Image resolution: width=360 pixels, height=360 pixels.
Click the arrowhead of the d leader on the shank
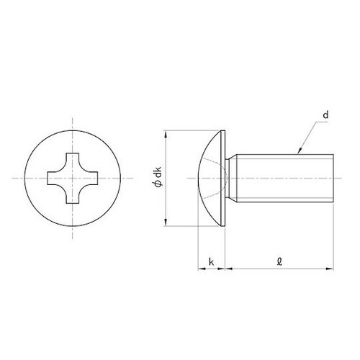[x=297, y=151]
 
